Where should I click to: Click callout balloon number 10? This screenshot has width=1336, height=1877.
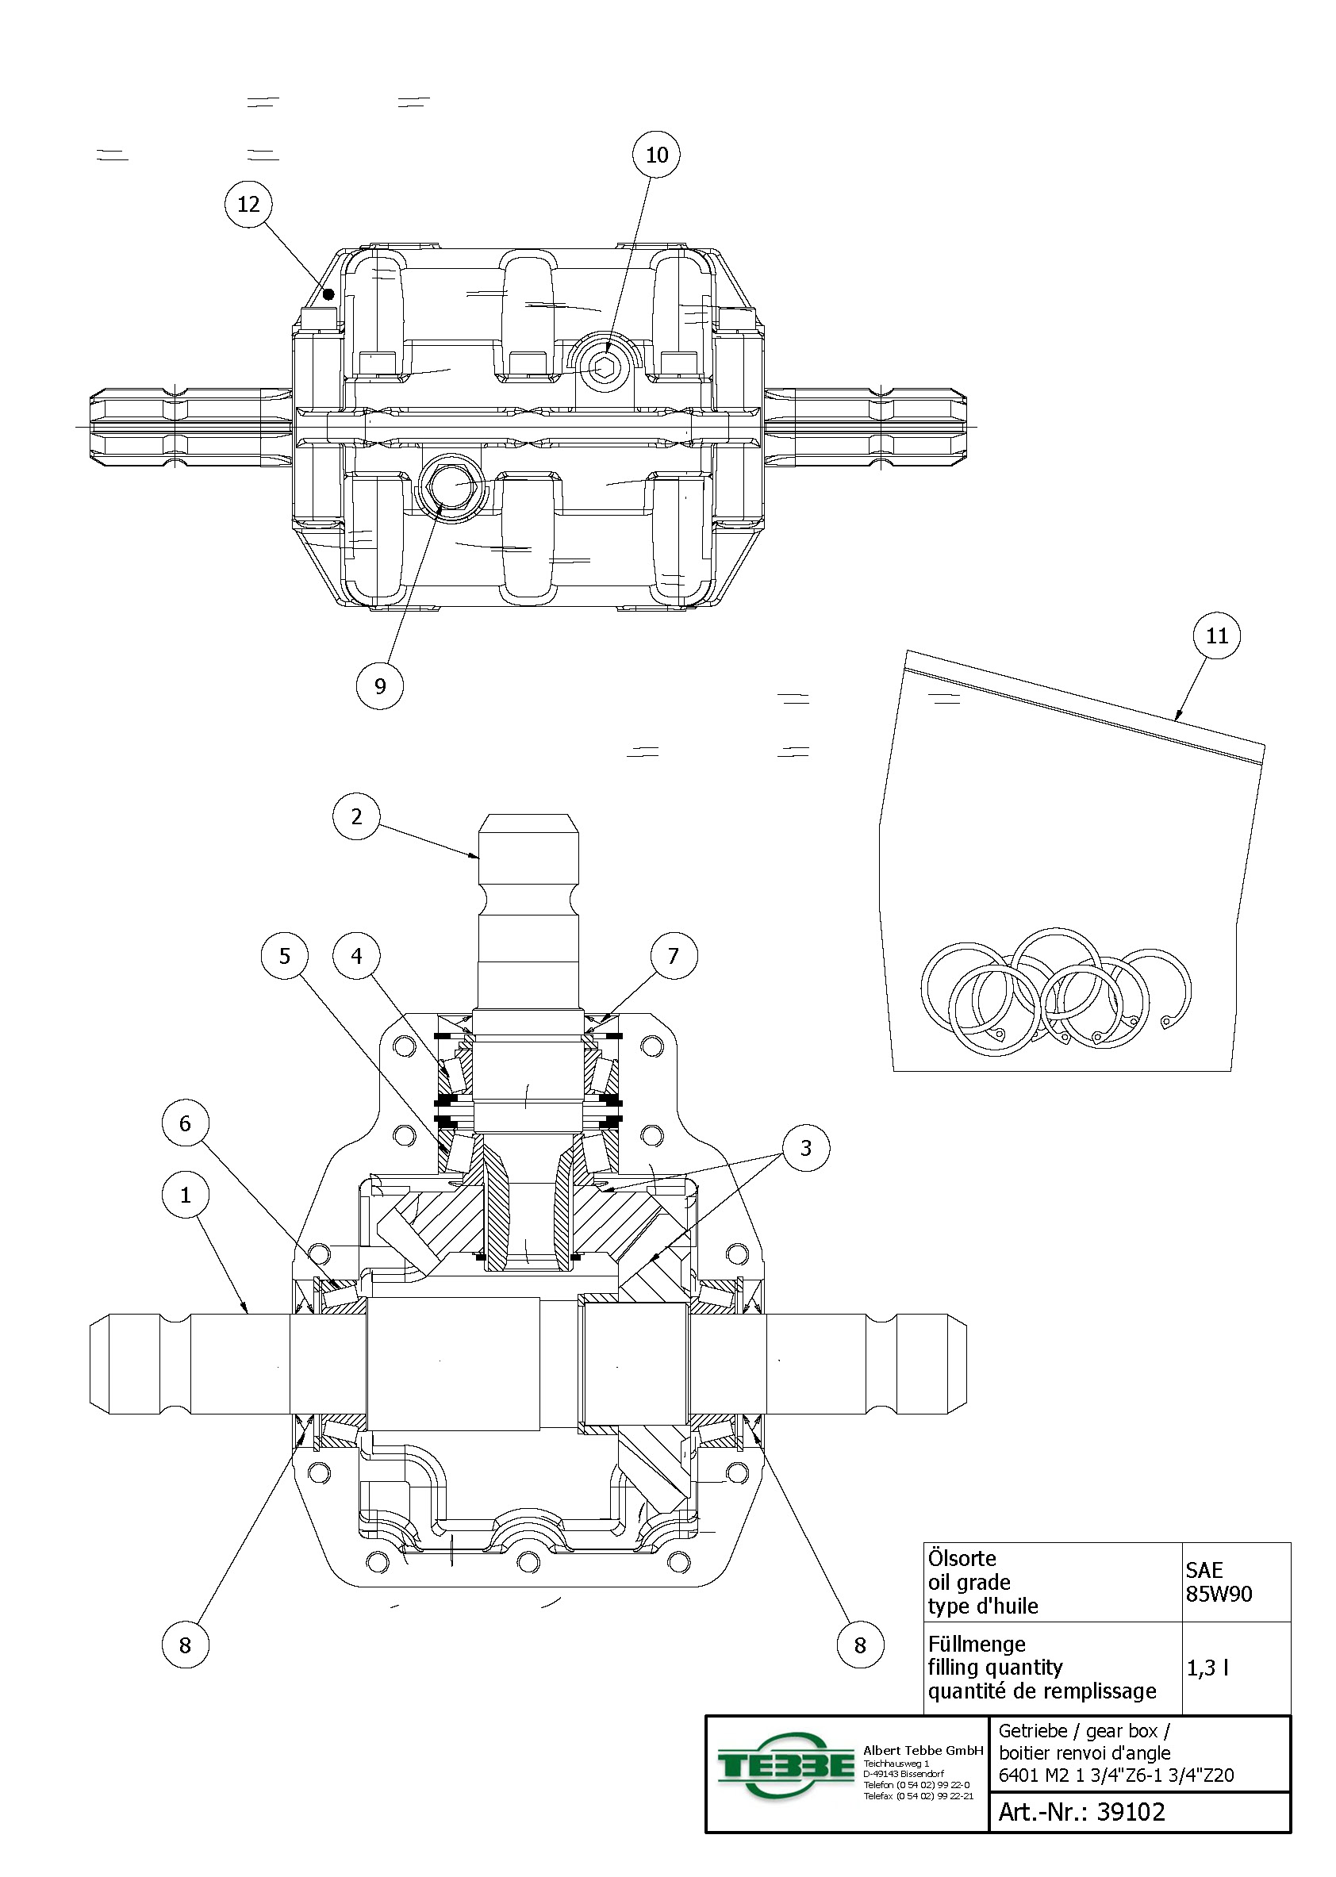[656, 155]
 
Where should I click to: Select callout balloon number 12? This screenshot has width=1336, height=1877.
[248, 204]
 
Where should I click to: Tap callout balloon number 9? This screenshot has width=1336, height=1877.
[380, 686]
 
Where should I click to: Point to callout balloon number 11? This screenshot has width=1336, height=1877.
[1217, 635]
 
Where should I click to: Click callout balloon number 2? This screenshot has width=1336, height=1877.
[356, 816]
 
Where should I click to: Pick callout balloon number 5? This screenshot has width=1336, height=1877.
[285, 956]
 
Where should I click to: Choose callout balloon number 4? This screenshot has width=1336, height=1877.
[356, 956]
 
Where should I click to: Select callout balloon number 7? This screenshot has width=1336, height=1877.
[674, 956]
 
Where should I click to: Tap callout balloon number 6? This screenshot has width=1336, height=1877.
[185, 1123]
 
